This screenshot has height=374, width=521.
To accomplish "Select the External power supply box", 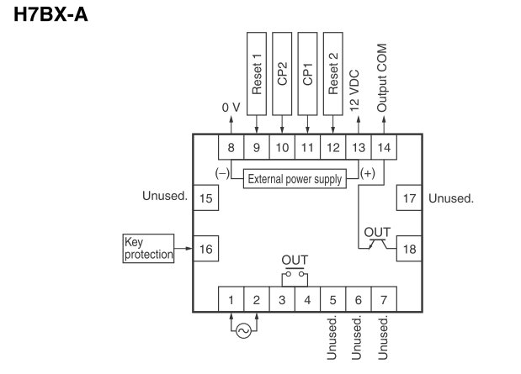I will click(295, 178).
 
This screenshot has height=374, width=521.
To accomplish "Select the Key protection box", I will click(148, 248).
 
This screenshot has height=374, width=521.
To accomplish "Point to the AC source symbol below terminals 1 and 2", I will click(243, 331).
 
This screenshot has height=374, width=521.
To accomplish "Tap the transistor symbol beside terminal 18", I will click(376, 244).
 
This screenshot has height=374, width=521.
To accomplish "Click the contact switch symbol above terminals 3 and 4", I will click(295, 273).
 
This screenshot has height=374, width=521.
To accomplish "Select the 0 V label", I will click(231, 108).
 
